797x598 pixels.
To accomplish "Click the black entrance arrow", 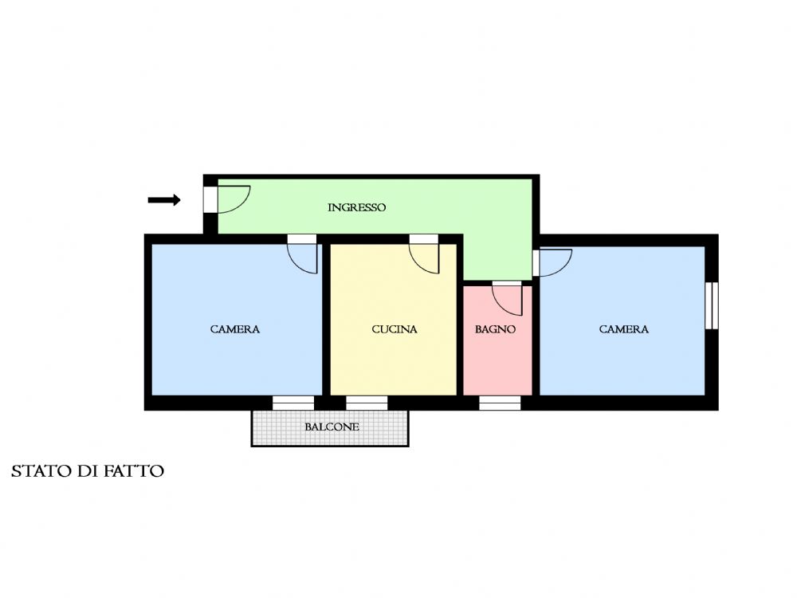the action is pyautogui.click(x=164, y=200).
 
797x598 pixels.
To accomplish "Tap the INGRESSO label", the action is pyautogui.click(x=356, y=207).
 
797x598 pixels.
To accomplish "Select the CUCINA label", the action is pyautogui.click(x=395, y=329).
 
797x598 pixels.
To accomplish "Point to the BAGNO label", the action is pyautogui.click(x=495, y=329).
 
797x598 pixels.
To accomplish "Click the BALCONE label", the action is pyautogui.click(x=332, y=427).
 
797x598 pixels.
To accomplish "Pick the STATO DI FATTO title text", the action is pyautogui.click(x=88, y=471).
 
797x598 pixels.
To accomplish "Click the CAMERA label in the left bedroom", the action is pyautogui.click(x=235, y=329).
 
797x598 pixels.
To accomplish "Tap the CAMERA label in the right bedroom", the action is pyautogui.click(x=624, y=329).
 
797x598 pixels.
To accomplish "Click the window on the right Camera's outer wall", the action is pyautogui.click(x=712, y=305).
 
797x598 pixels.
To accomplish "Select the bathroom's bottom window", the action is pyautogui.click(x=501, y=403).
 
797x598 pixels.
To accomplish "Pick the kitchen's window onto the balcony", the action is pyautogui.click(x=367, y=403).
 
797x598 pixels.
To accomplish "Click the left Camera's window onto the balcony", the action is pyautogui.click(x=293, y=403).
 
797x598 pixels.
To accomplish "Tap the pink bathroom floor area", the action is pyautogui.click(x=497, y=356).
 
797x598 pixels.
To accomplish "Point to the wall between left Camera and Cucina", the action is pyautogui.click(x=326, y=320).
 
